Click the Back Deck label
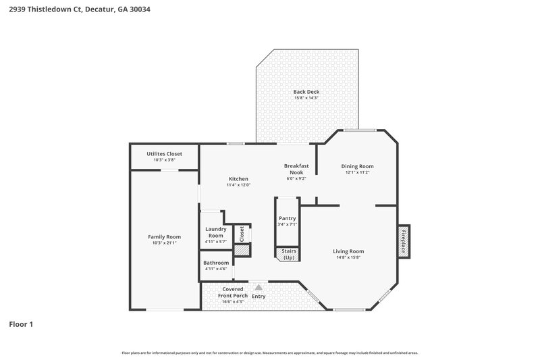click(306, 92)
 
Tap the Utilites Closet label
click(164, 154)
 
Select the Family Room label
click(164, 236)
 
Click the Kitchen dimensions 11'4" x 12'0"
click(238, 185)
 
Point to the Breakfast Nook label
click(296, 169)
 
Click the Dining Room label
click(357, 166)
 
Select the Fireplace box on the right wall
click(403, 240)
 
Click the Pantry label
click(288, 218)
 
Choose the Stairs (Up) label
click(288, 254)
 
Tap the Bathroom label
click(216, 263)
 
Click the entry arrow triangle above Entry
click(258, 286)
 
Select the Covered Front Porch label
click(232, 292)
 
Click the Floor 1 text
click(21, 324)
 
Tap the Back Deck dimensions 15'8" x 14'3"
click(306, 98)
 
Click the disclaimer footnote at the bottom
click(270, 353)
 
